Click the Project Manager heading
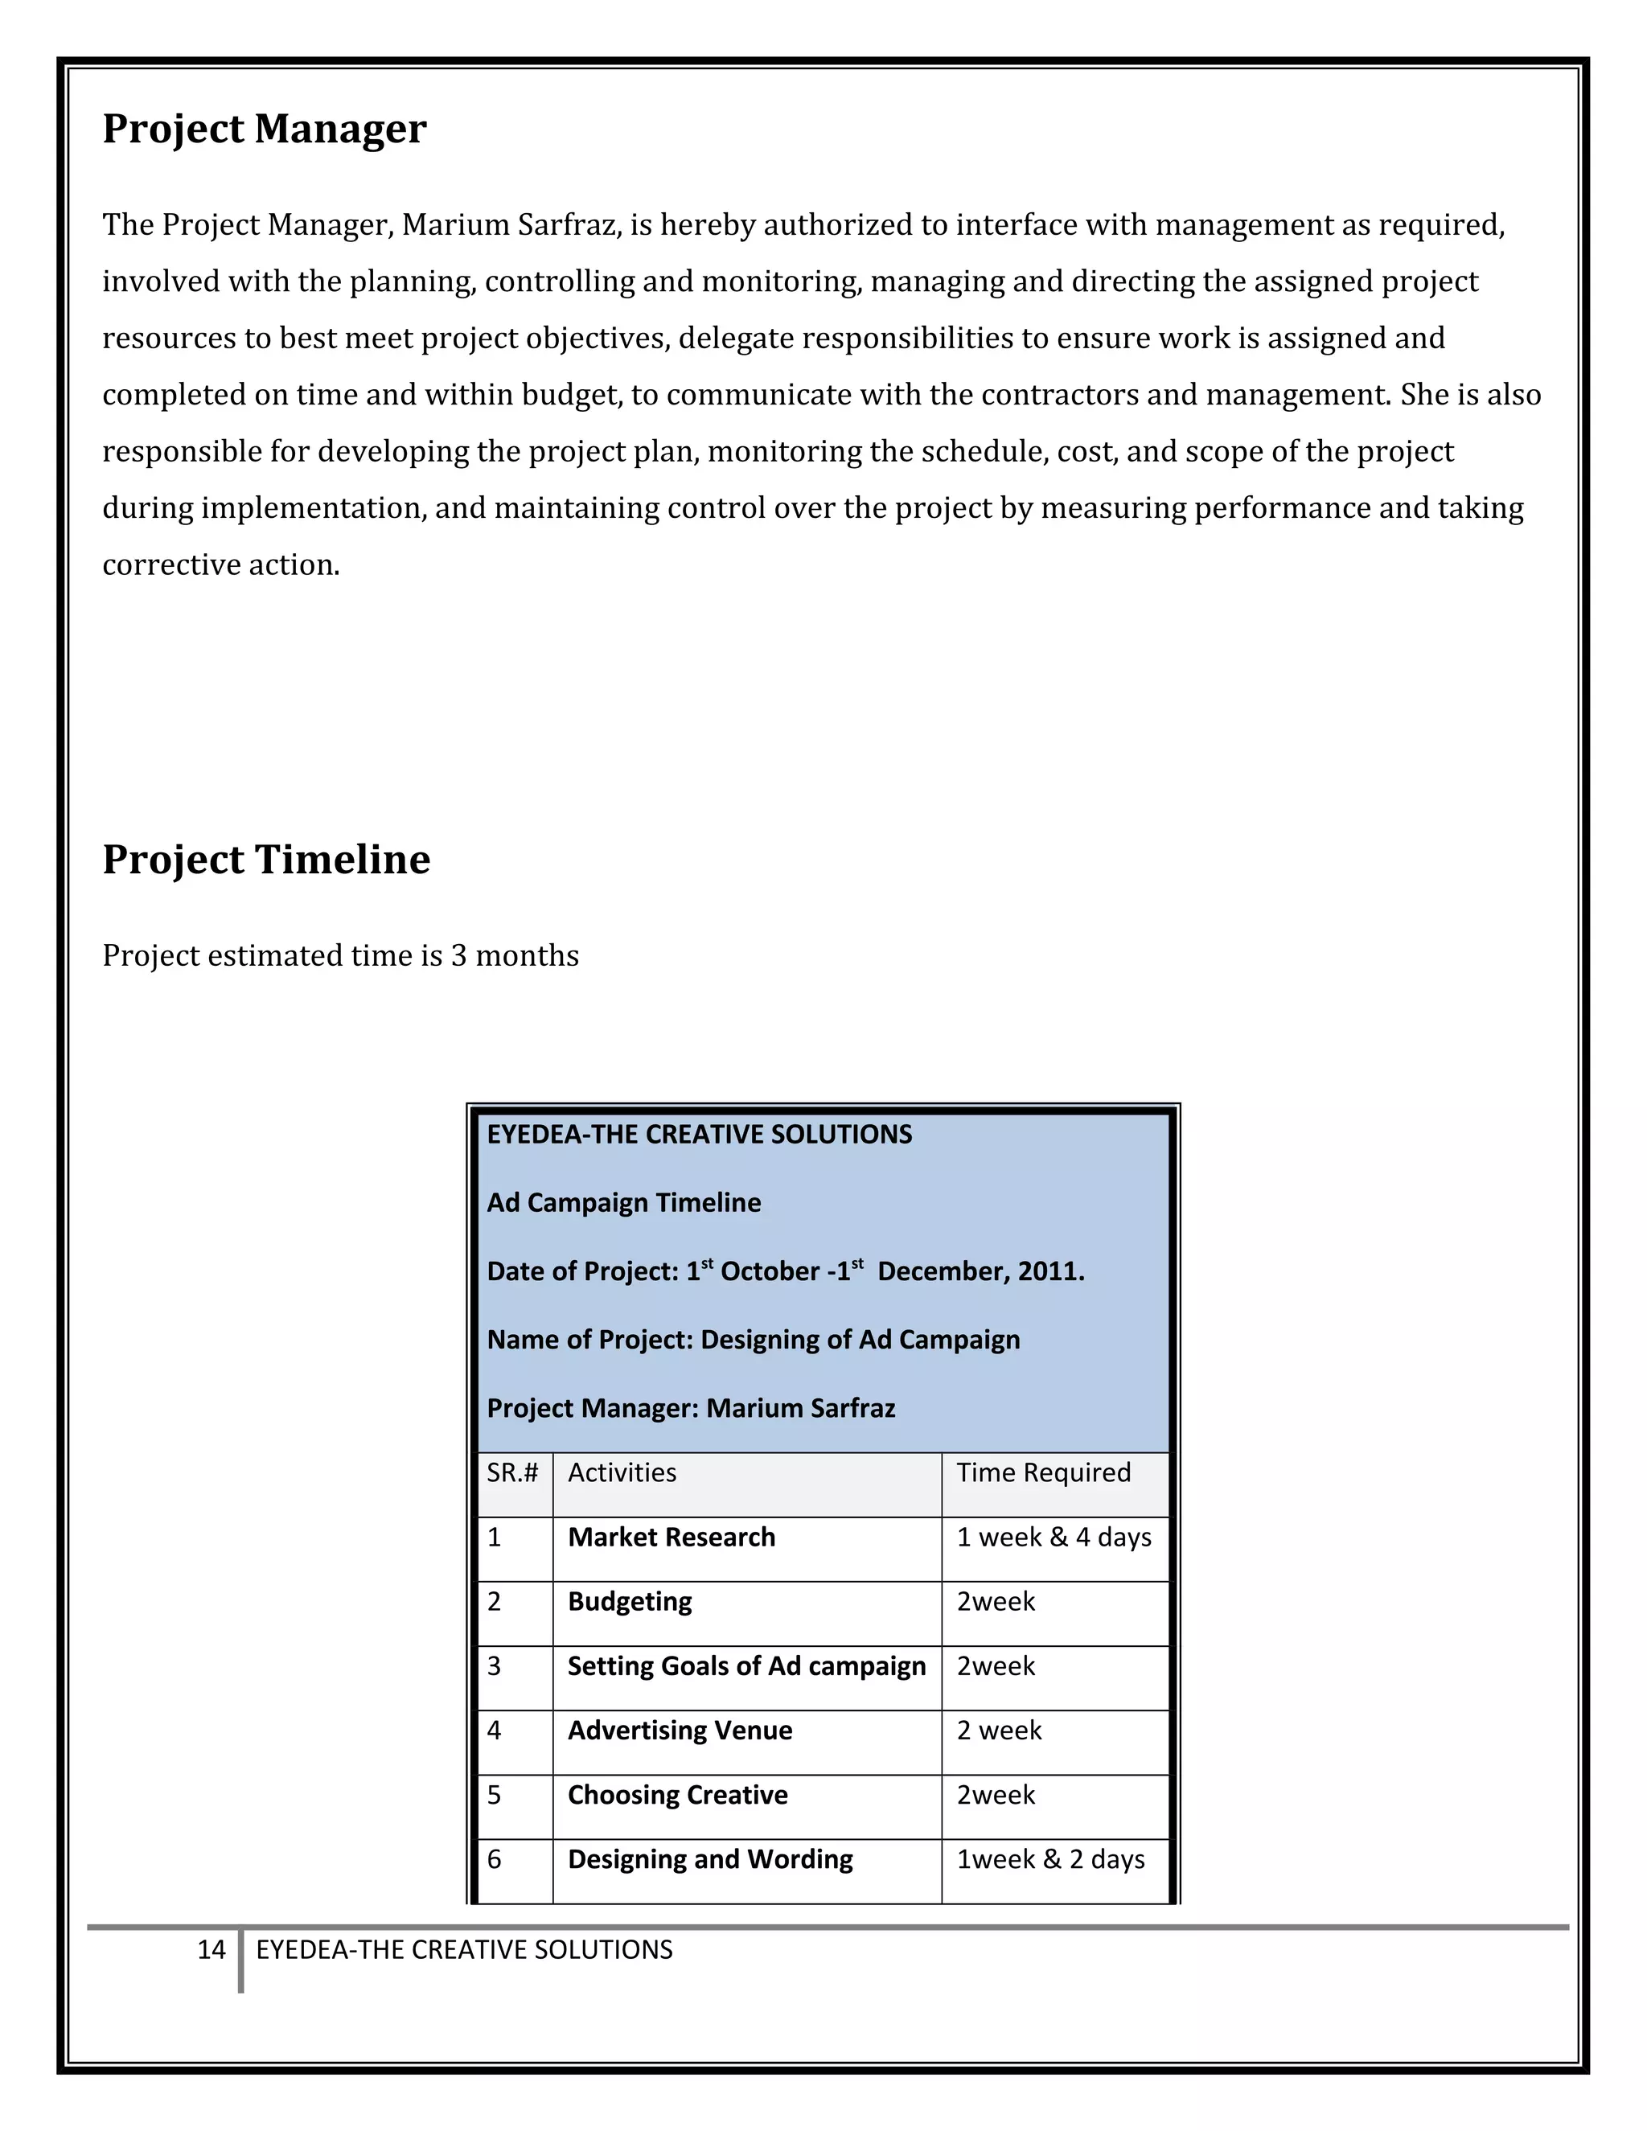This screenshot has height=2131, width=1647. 265,129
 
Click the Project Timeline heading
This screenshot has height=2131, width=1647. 266,860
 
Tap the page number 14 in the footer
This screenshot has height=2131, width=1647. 211,1949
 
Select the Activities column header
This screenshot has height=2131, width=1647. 622,1472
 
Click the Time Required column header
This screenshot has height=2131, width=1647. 1043,1472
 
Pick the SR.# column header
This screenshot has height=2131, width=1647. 512,1472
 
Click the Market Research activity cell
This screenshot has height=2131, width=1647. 672,1537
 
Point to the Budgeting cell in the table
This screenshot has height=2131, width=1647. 630,1601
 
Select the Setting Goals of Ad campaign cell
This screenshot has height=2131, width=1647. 746,1665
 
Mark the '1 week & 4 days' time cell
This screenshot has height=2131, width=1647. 1054,1537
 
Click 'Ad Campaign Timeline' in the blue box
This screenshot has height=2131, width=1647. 623,1202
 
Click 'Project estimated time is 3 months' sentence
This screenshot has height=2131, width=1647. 340,955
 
